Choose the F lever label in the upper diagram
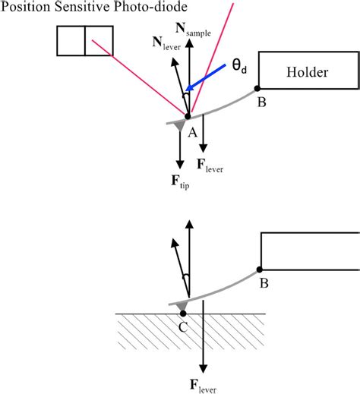tap(210, 163)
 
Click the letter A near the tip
tap(192, 132)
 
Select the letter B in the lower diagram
tap(264, 284)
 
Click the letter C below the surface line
tap(182, 327)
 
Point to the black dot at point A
tap(188, 116)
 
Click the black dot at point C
tap(182, 313)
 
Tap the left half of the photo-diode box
tap(71, 41)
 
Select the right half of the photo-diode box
tap(99, 41)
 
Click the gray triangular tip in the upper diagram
tap(179, 124)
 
